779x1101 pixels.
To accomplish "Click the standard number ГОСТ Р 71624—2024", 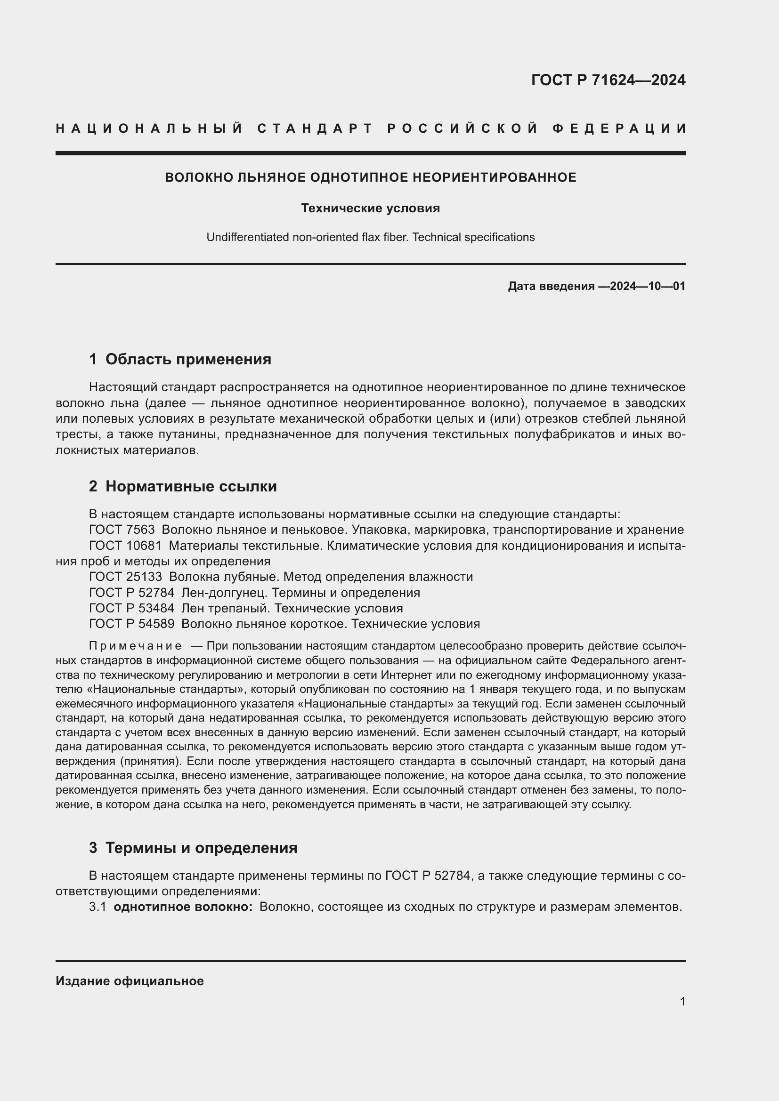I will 608,80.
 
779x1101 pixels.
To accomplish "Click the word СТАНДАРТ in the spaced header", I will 315,129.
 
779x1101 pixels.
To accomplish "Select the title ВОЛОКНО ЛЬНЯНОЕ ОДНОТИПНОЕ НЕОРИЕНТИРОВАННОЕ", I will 370,177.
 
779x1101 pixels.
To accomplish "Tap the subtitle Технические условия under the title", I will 370,208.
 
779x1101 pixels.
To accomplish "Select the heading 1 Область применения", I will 180,359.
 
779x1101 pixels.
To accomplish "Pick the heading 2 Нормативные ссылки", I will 183,486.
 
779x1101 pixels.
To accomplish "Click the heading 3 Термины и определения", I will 193,847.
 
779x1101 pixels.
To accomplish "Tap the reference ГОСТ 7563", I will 122,530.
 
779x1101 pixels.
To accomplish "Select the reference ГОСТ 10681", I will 125,546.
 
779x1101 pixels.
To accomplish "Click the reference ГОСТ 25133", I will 125,577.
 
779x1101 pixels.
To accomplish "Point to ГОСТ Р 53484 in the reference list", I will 131,608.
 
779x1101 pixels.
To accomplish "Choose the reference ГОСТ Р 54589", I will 131,624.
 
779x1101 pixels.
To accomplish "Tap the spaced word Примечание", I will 135,646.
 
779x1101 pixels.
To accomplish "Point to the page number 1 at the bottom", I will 682,1001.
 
